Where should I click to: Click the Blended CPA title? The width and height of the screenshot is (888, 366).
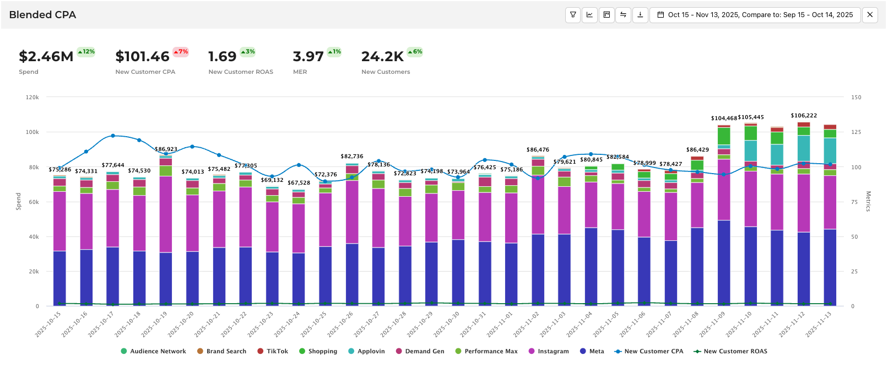point(42,15)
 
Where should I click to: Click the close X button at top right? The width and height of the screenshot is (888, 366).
point(870,15)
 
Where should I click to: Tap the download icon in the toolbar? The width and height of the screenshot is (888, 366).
point(640,15)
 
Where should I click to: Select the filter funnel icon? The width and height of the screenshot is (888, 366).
point(573,15)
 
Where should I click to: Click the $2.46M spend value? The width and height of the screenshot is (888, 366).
point(46,57)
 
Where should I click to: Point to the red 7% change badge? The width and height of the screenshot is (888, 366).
point(181,52)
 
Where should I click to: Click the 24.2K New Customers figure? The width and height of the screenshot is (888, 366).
point(382,57)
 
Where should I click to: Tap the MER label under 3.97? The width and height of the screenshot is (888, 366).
point(300,72)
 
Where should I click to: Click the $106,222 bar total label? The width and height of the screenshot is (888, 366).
point(804,116)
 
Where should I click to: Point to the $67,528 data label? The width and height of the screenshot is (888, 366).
point(299,183)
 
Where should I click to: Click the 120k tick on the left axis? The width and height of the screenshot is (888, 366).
point(33,98)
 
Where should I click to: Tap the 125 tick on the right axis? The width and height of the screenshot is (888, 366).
point(856,132)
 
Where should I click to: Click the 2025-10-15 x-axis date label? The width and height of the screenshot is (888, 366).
point(48,324)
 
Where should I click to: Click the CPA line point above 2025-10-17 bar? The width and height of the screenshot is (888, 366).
point(113,136)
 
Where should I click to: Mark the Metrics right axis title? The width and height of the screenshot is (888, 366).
point(868,201)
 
